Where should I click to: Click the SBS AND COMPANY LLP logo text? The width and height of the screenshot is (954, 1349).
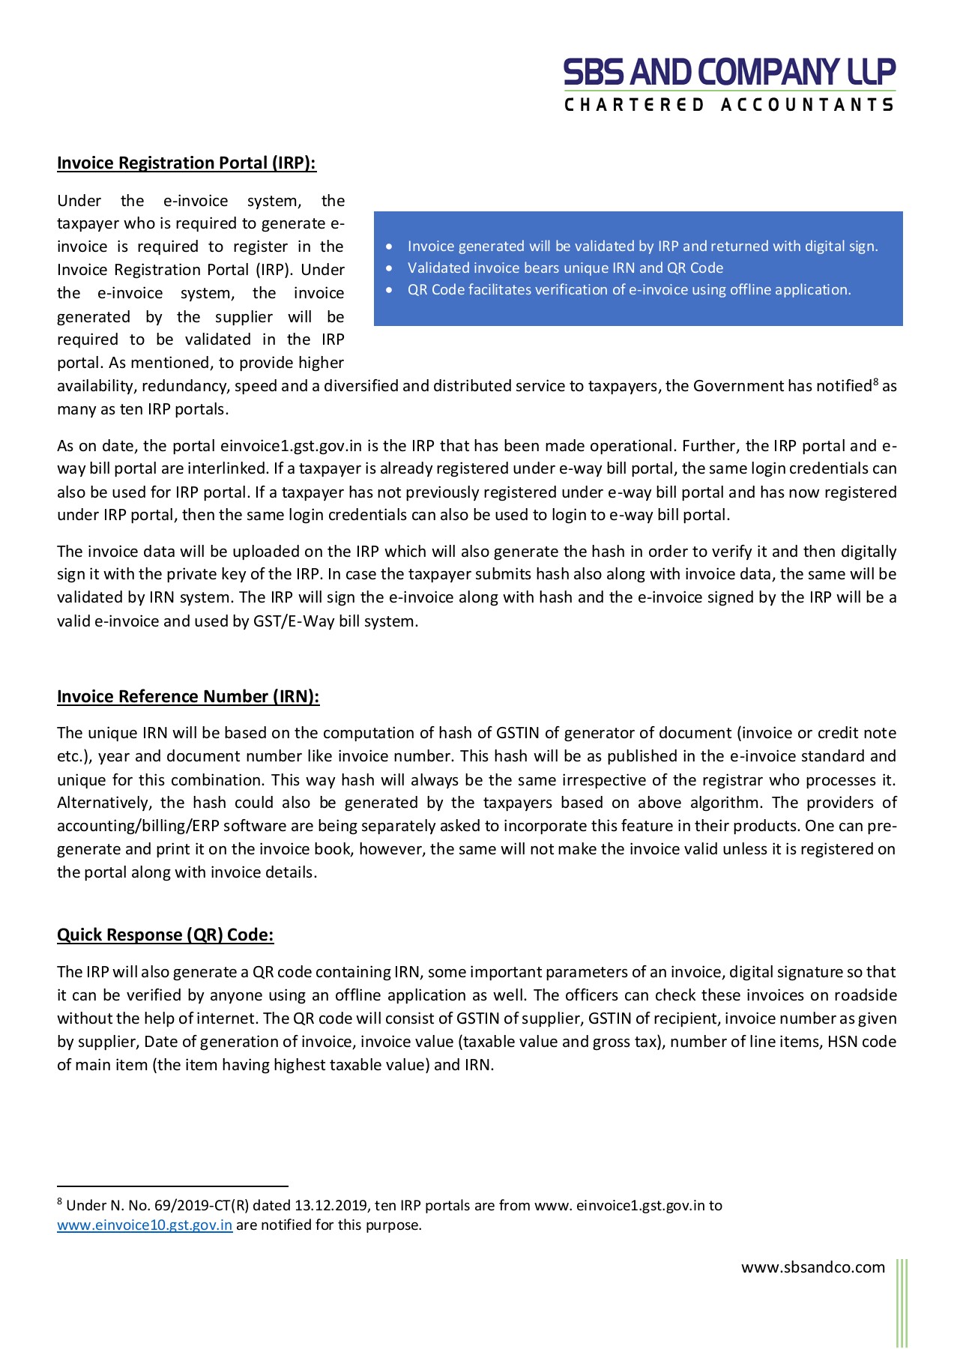(x=729, y=73)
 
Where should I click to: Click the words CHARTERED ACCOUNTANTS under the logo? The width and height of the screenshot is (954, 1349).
(x=729, y=105)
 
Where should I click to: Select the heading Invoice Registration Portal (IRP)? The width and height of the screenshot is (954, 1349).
(x=187, y=163)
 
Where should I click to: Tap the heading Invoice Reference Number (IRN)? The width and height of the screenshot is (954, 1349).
(x=188, y=697)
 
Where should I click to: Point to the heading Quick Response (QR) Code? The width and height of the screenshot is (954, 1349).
(x=166, y=935)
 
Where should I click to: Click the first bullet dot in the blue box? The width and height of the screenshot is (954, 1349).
(x=389, y=247)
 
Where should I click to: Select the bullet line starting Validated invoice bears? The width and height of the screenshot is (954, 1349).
(x=565, y=268)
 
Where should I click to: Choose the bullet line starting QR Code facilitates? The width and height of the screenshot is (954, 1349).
(x=629, y=290)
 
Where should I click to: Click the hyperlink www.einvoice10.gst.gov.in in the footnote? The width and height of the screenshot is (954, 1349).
(x=145, y=1225)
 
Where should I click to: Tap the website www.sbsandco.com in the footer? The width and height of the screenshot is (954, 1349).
(x=813, y=1267)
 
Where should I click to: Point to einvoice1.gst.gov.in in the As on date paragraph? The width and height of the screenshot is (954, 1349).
(x=291, y=446)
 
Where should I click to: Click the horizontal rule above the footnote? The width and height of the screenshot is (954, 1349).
(x=172, y=1186)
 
